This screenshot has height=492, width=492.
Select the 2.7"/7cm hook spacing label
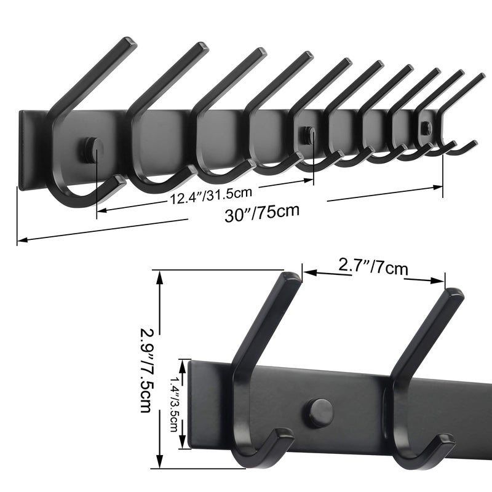point(373,267)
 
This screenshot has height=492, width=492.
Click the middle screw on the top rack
point(307,134)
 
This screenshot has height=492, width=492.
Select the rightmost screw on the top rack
point(426,126)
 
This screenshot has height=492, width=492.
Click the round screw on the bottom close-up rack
point(320,412)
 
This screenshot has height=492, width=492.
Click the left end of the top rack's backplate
point(23,151)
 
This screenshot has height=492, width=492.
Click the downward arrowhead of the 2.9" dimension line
point(161,466)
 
